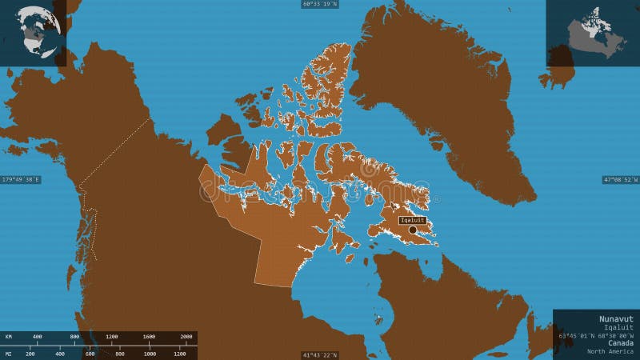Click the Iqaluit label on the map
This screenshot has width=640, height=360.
[413, 220]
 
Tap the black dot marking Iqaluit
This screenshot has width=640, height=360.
[413, 230]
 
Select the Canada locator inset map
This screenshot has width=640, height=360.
[593, 32]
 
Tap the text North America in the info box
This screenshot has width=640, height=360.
[610, 352]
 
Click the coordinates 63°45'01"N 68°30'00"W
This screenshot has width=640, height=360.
[595, 335]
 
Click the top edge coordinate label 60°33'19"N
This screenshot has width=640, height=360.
[320, 4]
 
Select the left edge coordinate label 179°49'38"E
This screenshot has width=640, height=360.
[21, 179]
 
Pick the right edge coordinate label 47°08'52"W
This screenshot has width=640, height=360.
[620, 180]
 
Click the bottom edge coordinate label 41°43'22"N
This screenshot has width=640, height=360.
[320, 355]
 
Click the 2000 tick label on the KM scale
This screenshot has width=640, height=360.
[186, 337]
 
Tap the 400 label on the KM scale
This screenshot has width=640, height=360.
[37, 337]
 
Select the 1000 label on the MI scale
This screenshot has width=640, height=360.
[150, 353]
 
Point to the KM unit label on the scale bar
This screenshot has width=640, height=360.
[8, 337]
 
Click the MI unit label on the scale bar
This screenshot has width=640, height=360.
[8, 353]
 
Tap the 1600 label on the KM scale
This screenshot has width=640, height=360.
[149, 337]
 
